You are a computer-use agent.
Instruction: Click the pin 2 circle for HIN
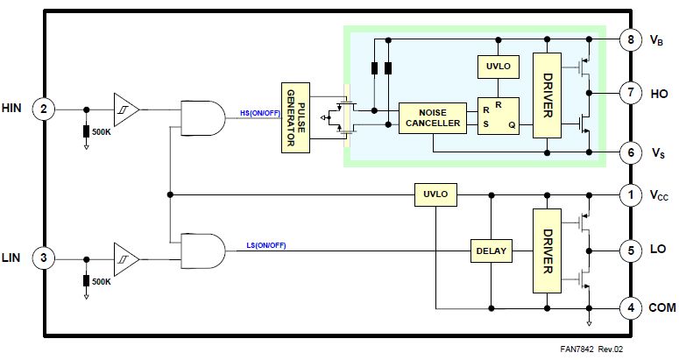(x=43, y=109)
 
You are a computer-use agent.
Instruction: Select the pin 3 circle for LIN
(x=43, y=258)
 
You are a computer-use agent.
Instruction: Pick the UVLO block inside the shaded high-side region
(x=497, y=66)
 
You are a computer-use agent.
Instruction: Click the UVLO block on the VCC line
(x=435, y=194)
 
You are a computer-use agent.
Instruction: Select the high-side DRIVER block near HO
(x=548, y=96)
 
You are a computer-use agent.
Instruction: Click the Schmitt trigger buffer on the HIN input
(x=125, y=109)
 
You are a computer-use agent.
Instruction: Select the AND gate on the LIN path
(x=201, y=251)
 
